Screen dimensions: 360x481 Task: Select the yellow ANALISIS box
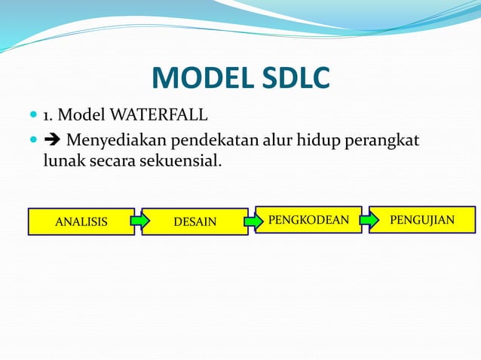[81, 221]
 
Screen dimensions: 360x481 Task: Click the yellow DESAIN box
[195, 221]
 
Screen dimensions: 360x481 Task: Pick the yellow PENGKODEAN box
[308, 220]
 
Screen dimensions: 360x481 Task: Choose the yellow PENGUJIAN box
[422, 220]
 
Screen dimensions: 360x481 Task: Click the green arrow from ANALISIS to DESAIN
[139, 221]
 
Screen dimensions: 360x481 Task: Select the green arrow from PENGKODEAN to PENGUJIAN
[367, 220]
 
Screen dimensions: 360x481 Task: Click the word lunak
[63, 160]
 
